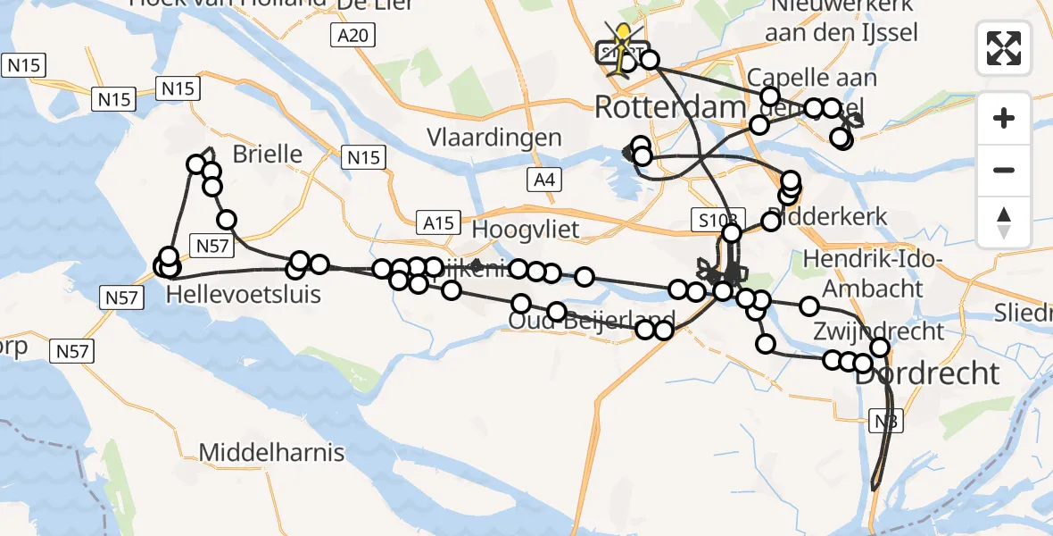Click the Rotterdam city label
pyautogui.click(x=669, y=108)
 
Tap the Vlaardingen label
pyautogui.click(x=494, y=138)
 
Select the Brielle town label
pyautogui.click(x=268, y=154)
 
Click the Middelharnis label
pyautogui.click(x=271, y=452)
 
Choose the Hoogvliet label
pyautogui.click(x=525, y=229)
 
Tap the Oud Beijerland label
pyautogui.click(x=591, y=322)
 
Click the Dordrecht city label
pyautogui.click(x=927, y=373)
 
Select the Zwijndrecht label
pyautogui.click(x=878, y=331)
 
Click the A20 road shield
pyautogui.click(x=355, y=35)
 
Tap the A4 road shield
pyautogui.click(x=544, y=180)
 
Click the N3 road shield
pyautogui.click(x=887, y=419)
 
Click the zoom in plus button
pyautogui.click(x=1004, y=118)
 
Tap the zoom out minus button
pyautogui.click(x=1004, y=170)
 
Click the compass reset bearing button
pyautogui.click(x=1004, y=222)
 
